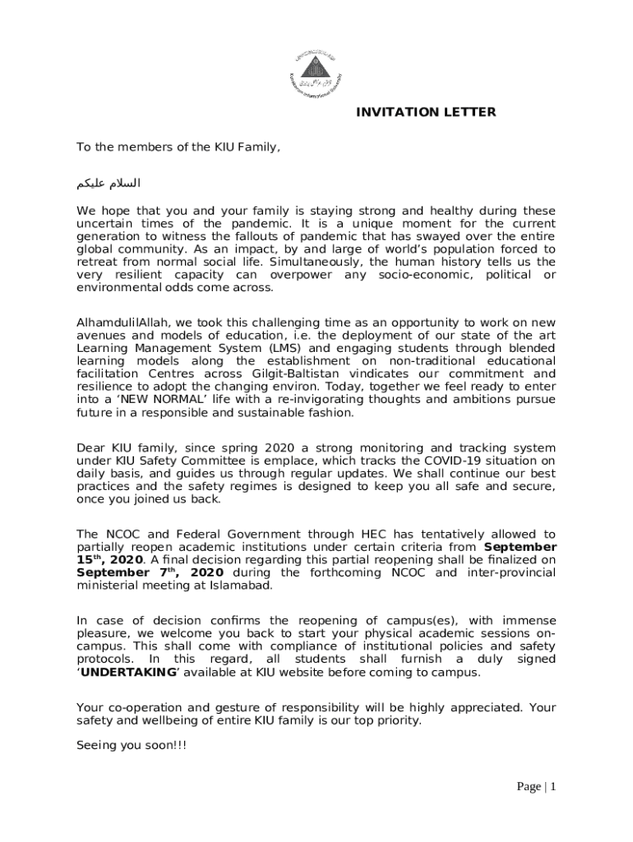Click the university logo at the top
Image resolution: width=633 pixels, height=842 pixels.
click(316, 71)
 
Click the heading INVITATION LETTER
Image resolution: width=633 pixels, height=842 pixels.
click(426, 112)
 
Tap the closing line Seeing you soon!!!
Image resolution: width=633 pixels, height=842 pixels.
click(119, 745)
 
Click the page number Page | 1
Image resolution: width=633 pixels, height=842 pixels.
click(537, 787)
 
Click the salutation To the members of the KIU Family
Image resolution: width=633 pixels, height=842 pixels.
click(178, 147)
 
